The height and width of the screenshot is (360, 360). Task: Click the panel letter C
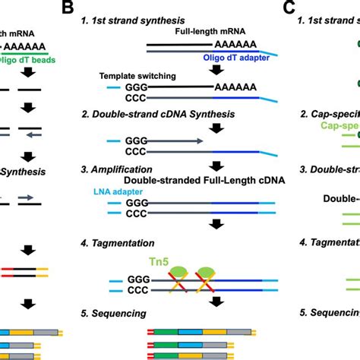click(289, 8)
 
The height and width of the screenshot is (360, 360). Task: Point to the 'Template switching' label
click(141, 76)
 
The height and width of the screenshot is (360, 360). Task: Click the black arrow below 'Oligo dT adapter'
click(217, 71)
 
